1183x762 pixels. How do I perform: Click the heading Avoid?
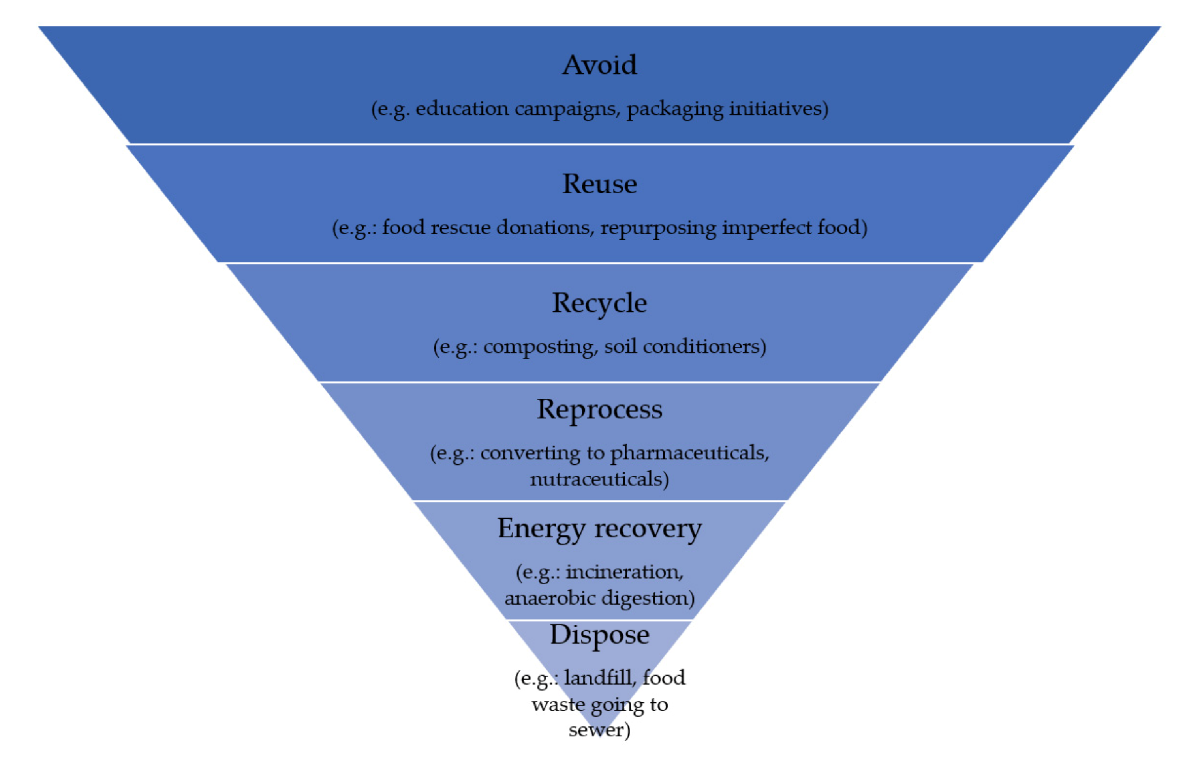pyautogui.click(x=599, y=66)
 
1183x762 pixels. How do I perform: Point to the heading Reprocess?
pyautogui.click(x=599, y=410)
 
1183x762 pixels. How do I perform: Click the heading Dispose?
pyautogui.click(x=599, y=635)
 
